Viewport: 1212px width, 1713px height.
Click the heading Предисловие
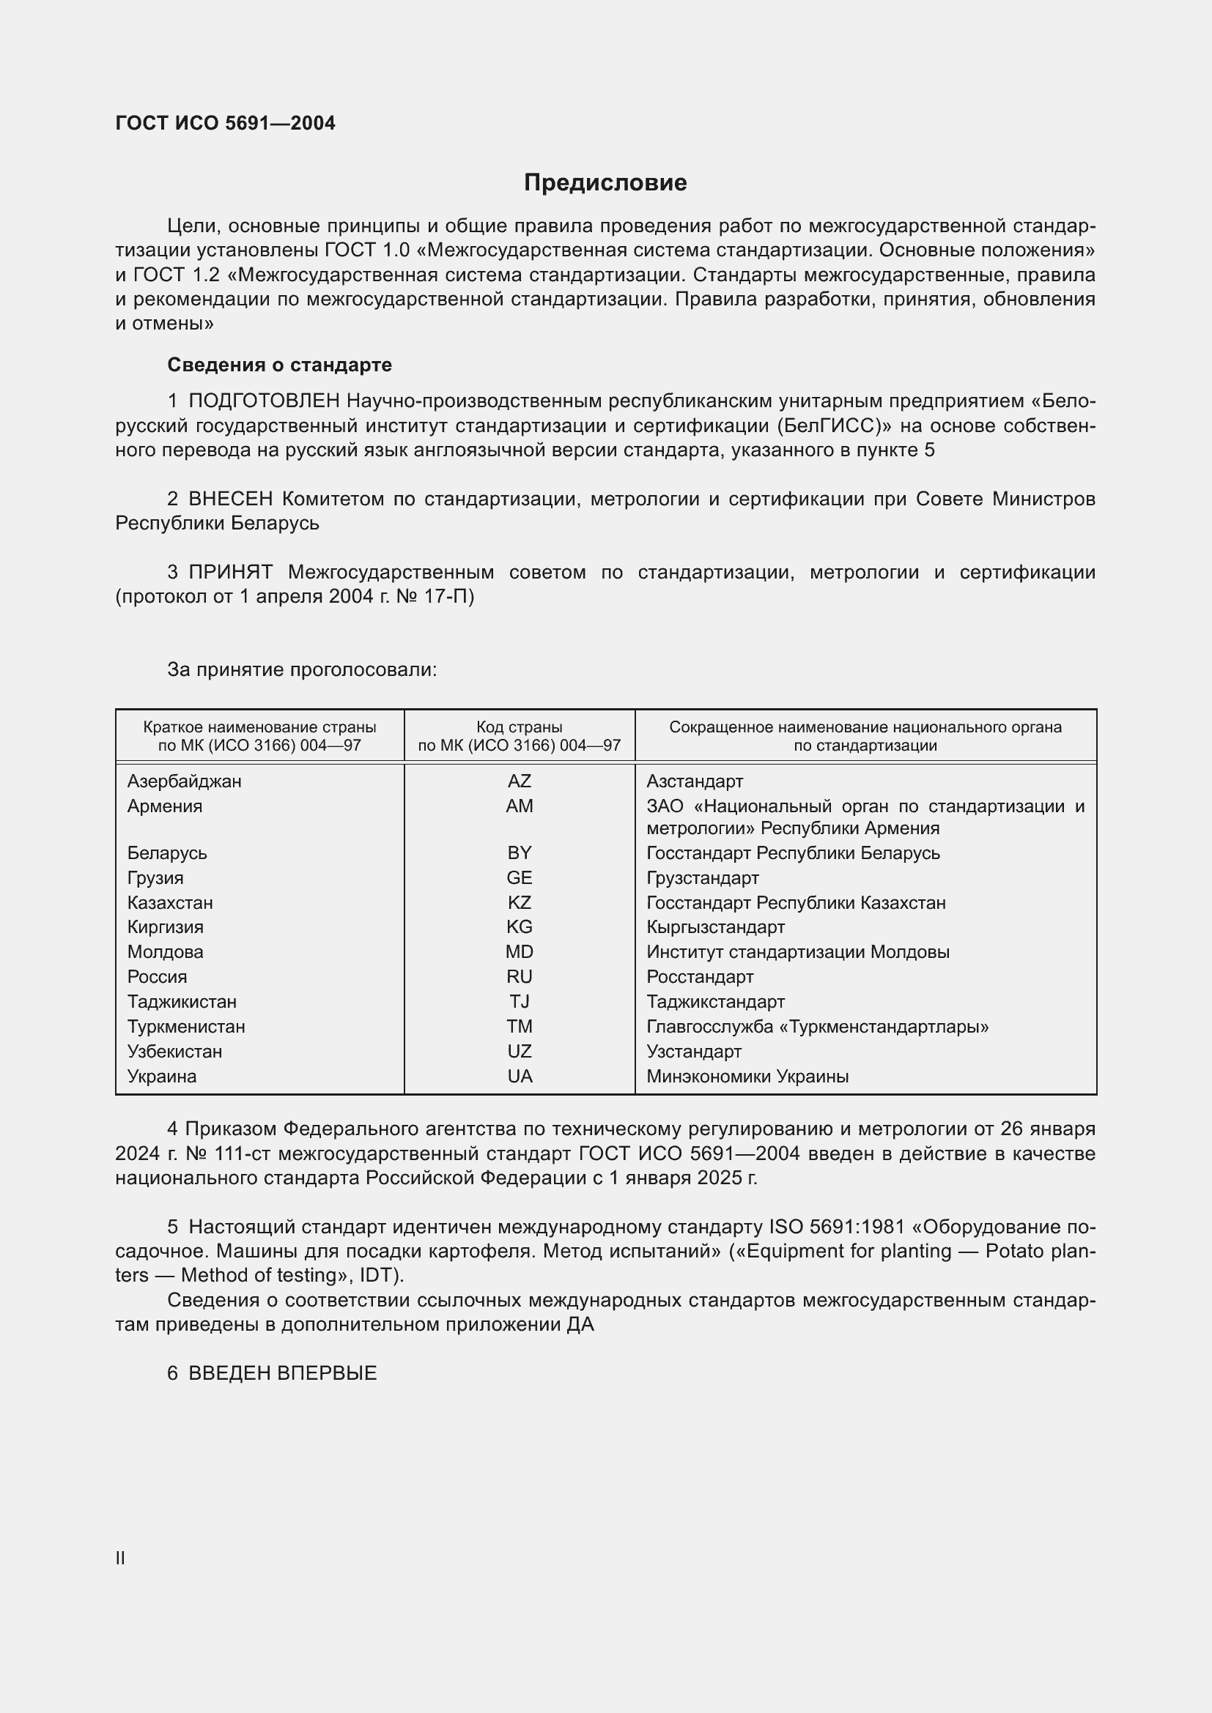(605, 183)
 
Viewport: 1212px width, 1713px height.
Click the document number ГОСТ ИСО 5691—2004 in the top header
(226, 123)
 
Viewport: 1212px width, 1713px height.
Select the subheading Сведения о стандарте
(279, 365)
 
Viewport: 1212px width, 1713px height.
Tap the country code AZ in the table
(520, 781)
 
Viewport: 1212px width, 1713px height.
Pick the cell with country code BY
(520, 852)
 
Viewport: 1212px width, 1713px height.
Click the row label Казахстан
(170, 903)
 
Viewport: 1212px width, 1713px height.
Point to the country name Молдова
(165, 952)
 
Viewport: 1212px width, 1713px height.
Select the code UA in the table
(520, 1076)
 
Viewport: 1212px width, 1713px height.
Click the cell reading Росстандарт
(700, 977)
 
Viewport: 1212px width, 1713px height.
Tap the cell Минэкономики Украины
(747, 1076)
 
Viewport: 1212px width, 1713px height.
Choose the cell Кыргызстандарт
(716, 926)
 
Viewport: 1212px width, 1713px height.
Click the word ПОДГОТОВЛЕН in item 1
(265, 401)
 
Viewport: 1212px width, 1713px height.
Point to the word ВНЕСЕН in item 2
(231, 499)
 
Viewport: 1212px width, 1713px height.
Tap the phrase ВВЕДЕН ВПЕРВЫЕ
(282, 1373)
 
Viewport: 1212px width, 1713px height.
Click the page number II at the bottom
(120, 1558)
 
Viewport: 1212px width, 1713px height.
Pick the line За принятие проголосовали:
(301, 669)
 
